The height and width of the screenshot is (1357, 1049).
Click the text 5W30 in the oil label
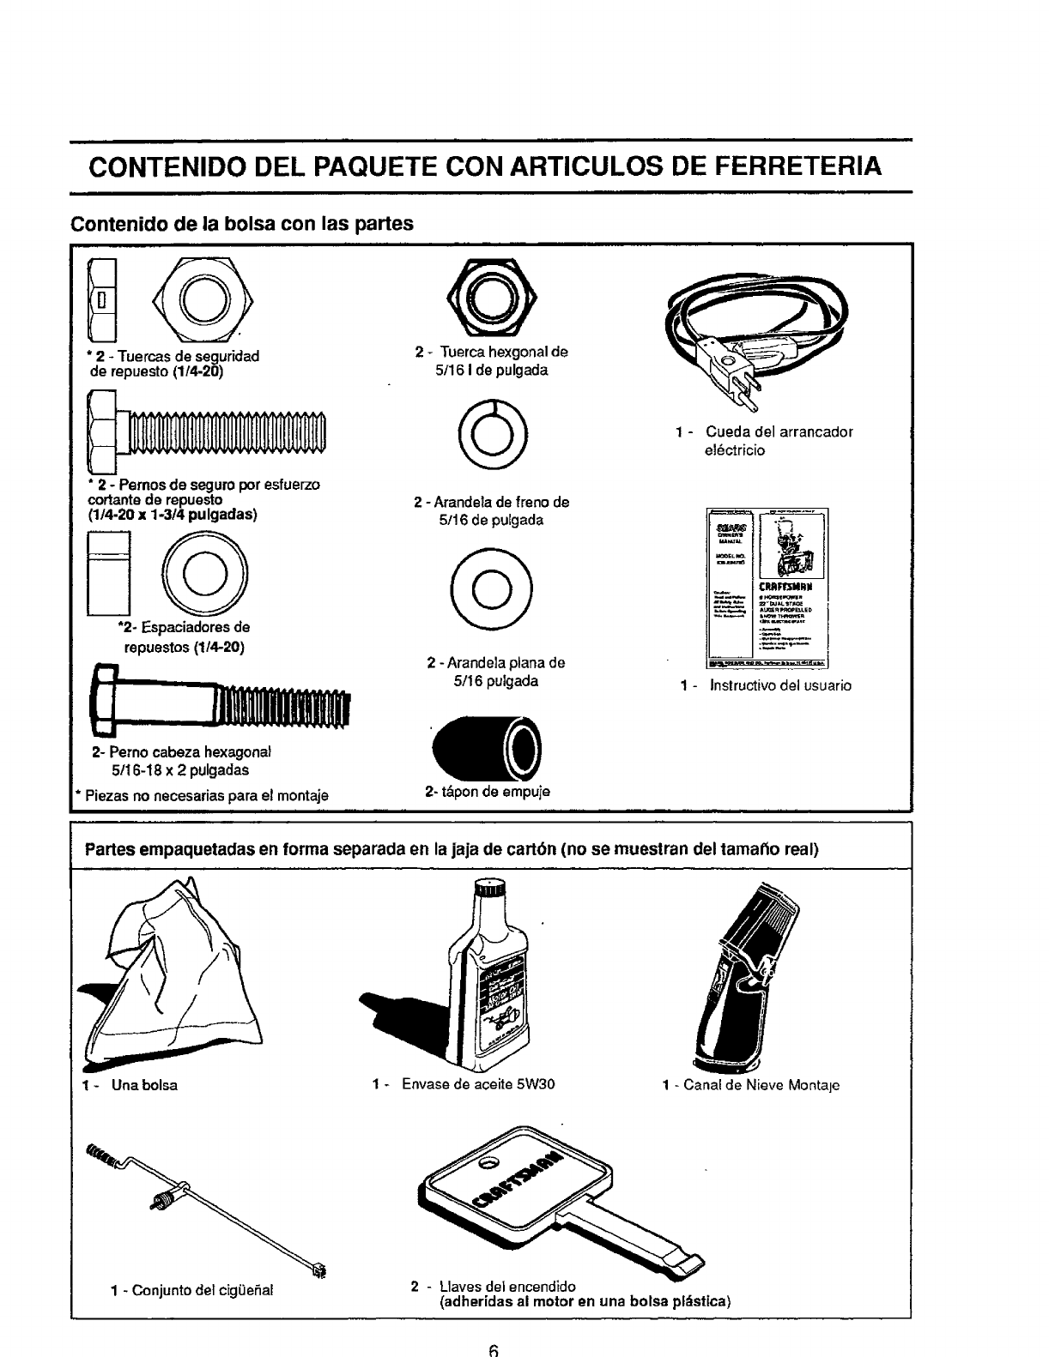[535, 1084]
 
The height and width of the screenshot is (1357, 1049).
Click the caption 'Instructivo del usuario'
[780, 685]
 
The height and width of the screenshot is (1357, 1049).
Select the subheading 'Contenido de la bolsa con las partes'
[242, 224]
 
